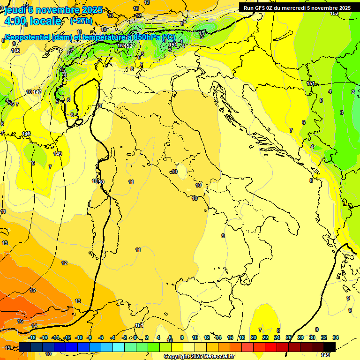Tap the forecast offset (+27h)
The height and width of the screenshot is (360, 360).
tap(81, 21)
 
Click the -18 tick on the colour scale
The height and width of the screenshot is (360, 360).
tap(32, 337)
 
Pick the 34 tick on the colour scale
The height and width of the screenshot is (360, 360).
tap(335, 337)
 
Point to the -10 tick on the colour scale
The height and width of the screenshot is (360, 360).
tap(79, 337)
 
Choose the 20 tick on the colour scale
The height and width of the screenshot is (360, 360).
tap(254, 337)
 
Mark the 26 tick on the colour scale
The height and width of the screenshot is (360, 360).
tap(289, 337)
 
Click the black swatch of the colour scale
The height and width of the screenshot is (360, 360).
tap(330, 347)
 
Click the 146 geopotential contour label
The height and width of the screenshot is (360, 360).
tap(15, 51)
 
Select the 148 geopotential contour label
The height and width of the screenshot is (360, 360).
tap(26, 134)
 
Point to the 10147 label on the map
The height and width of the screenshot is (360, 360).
tap(34, 92)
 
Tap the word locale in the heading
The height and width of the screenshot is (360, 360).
tap(46, 21)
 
